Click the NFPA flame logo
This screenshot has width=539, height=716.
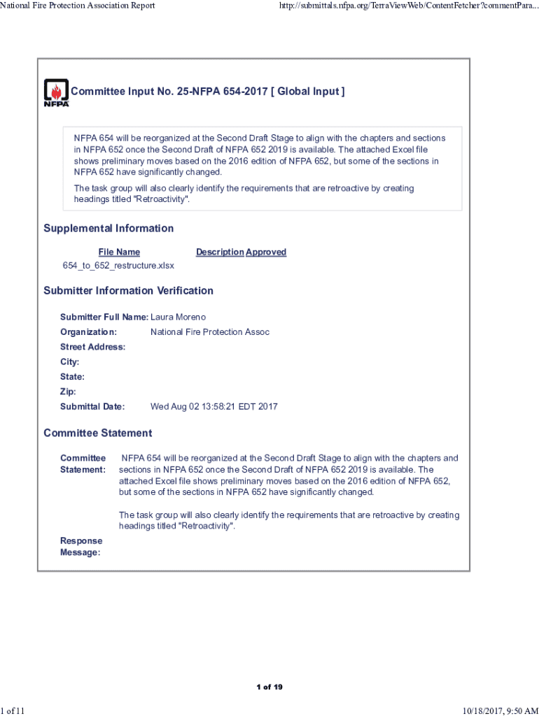click(x=56, y=92)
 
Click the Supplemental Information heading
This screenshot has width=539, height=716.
click(x=108, y=229)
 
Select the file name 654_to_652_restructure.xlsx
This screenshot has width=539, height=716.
click(x=118, y=266)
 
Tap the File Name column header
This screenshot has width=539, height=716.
click(x=119, y=252)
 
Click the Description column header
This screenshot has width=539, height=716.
click(x=220, y=252)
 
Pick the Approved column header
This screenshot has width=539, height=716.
click(x=266, y=252)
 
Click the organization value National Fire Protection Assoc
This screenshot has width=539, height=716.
click(x=210, y=332)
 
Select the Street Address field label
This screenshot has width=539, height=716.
click(x=92, y=348)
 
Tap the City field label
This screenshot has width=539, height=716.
click(x=69, y=362)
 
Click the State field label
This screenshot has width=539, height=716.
click(x=72, y=377)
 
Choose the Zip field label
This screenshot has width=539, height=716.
click(x=68, y=392)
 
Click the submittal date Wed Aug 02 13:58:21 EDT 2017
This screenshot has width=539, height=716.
click(x=214, y=407)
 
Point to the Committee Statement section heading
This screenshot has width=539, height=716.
click(x=97, y=434)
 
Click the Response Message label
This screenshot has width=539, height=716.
click(x=81, y=547)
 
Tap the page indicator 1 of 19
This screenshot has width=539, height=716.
click(x=269, y=687)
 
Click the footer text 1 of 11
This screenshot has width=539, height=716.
click(x=13, y=710)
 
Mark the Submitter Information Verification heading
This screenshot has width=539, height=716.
click(x=128, y=291)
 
